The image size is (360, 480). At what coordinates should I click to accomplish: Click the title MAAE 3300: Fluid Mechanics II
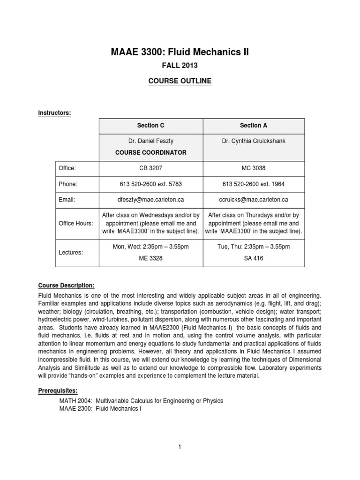[180, 52]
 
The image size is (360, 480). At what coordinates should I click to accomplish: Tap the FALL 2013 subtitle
[180, 67]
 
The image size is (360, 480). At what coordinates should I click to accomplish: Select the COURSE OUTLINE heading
[180, 81]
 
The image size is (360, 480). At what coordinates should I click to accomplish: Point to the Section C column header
[150, 126]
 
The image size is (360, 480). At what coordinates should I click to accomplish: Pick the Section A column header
[254, 126]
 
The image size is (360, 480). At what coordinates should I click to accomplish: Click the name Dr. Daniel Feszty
[150, 141]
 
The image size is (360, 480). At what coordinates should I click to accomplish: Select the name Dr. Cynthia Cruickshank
[254, 141]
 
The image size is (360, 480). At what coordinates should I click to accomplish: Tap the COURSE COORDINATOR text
[150, 152]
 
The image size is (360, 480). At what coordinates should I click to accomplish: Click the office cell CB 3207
[150, 167]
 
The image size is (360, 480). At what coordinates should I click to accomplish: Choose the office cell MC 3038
[254, 167]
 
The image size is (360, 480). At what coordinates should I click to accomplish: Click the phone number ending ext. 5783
[150, 184]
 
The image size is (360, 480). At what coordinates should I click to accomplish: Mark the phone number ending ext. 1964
[254, 184]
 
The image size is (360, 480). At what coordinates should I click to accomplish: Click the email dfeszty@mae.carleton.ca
[150, 200]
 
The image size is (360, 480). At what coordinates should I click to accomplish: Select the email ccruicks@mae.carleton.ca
[254, 200]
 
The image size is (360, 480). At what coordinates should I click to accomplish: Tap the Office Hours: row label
[75, 224]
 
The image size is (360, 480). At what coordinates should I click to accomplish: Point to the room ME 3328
[150, 258]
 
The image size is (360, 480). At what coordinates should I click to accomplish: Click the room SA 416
[254, 258]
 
